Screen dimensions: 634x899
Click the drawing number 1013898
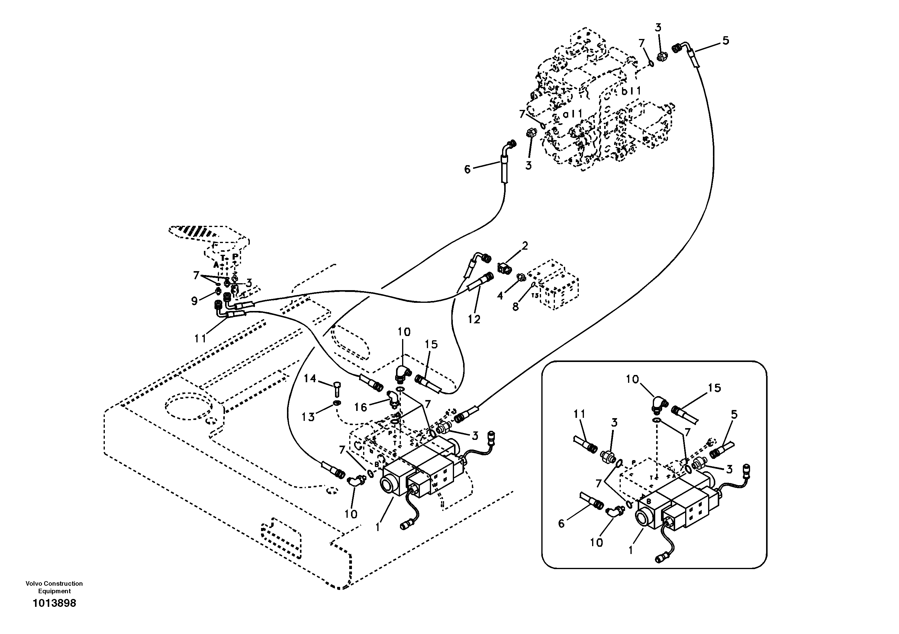[x=54, y=603]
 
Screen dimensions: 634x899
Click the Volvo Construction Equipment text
[x=54, y=587]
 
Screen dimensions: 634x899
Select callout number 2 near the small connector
[x=525, y=246]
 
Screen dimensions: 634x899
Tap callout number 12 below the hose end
[x=474, y=319]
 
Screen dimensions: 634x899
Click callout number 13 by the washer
[x=308, y=417]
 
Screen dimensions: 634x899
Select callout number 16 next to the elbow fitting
[x=361, y=407]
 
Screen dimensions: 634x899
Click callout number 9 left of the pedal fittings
[x=195, y=301]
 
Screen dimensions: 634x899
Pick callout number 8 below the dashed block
[x=516, y=307]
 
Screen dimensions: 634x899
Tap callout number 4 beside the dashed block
[x=500, y=296]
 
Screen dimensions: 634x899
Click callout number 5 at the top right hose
[x=726, y=41]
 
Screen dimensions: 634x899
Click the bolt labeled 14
[x=337, y=390]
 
